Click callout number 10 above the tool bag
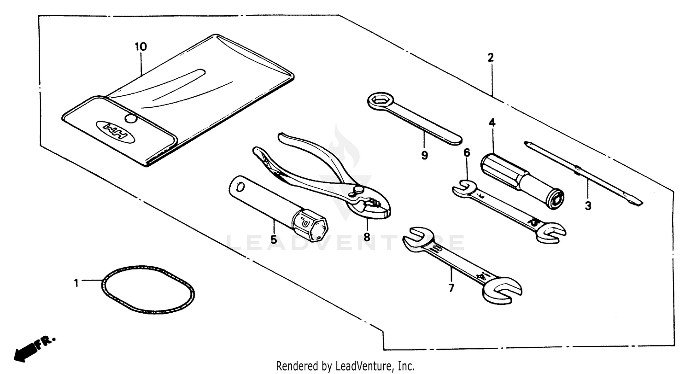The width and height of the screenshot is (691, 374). [141, 47]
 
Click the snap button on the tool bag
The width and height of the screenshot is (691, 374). [131, 119]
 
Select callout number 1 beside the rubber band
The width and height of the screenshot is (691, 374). [77, 282]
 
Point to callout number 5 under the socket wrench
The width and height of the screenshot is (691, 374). [274, 240]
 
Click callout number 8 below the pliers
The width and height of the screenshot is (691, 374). [367, 237]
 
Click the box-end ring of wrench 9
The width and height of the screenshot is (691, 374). [381, 100]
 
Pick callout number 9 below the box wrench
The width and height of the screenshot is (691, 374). [424, 156]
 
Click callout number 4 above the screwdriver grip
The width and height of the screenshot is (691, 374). [492, 123]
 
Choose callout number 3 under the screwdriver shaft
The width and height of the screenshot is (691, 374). [588, 206]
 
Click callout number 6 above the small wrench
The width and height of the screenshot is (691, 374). [467, 153]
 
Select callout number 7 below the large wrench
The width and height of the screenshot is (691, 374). [451, 288]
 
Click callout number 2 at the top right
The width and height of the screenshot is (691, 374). [491, 58]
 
